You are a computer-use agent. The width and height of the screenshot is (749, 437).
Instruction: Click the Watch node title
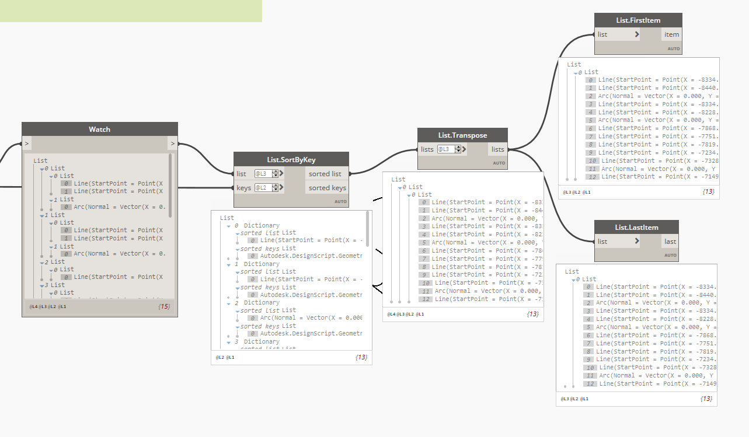(99, 129)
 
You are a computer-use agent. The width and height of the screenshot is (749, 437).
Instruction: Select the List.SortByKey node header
(291, 159)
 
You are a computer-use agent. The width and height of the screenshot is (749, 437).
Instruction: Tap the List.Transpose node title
(462, 135)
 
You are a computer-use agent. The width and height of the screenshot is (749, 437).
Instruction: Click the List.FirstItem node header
(638, 20)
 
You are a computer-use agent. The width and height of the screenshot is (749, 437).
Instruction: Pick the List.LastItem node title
(636, 228)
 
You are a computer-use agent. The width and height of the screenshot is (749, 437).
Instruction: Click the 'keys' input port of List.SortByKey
(243, 188)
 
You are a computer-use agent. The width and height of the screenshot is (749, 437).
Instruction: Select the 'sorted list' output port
(326, 173)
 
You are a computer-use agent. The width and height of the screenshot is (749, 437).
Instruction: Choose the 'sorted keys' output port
(327, 188)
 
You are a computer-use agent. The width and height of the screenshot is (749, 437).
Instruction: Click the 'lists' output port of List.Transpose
(497, 149)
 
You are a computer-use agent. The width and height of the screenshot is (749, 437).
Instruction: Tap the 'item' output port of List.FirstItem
(671, 34)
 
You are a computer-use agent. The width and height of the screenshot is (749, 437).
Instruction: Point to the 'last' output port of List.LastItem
(670, 242)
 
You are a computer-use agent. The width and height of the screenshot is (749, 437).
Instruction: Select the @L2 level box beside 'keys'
(263, 188)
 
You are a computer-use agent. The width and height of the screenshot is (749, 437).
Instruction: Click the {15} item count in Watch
(163, 306)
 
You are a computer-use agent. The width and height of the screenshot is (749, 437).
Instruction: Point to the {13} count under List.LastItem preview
(706, 398)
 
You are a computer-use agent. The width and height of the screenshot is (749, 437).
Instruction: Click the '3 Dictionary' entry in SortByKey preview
(259, 341)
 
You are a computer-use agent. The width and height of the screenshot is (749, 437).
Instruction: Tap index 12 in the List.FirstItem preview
(593, 176)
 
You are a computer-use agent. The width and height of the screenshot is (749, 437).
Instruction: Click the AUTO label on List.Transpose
(499, 163)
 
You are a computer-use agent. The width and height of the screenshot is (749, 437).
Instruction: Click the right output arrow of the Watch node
(172, 143)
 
